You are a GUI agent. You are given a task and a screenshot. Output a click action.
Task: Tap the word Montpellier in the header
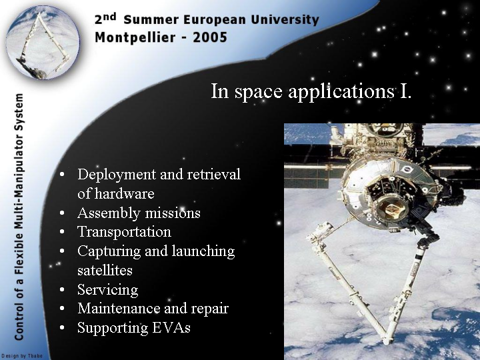(135, 38)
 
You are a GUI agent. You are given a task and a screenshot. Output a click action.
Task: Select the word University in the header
(285, 20)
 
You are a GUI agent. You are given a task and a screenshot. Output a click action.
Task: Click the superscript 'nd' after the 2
(110, 17)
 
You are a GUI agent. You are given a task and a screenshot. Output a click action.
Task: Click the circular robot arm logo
(43, 42)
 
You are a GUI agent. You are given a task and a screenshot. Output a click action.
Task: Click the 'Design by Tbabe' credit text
(22, 356)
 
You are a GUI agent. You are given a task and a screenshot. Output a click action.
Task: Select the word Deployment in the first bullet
(117, 175)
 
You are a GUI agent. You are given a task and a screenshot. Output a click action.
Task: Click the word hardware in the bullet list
(124, 194)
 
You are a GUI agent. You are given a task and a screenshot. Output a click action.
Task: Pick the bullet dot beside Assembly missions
(62, 213)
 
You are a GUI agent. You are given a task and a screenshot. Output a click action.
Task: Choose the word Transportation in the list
(124, 232)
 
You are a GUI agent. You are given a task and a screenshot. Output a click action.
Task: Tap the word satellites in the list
(105, 271)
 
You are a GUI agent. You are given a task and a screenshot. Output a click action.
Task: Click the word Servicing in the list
(108, 290)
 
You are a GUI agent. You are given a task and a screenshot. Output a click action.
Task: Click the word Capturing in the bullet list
(109, 252)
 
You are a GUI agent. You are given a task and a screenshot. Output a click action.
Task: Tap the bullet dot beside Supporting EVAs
(62, 327)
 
